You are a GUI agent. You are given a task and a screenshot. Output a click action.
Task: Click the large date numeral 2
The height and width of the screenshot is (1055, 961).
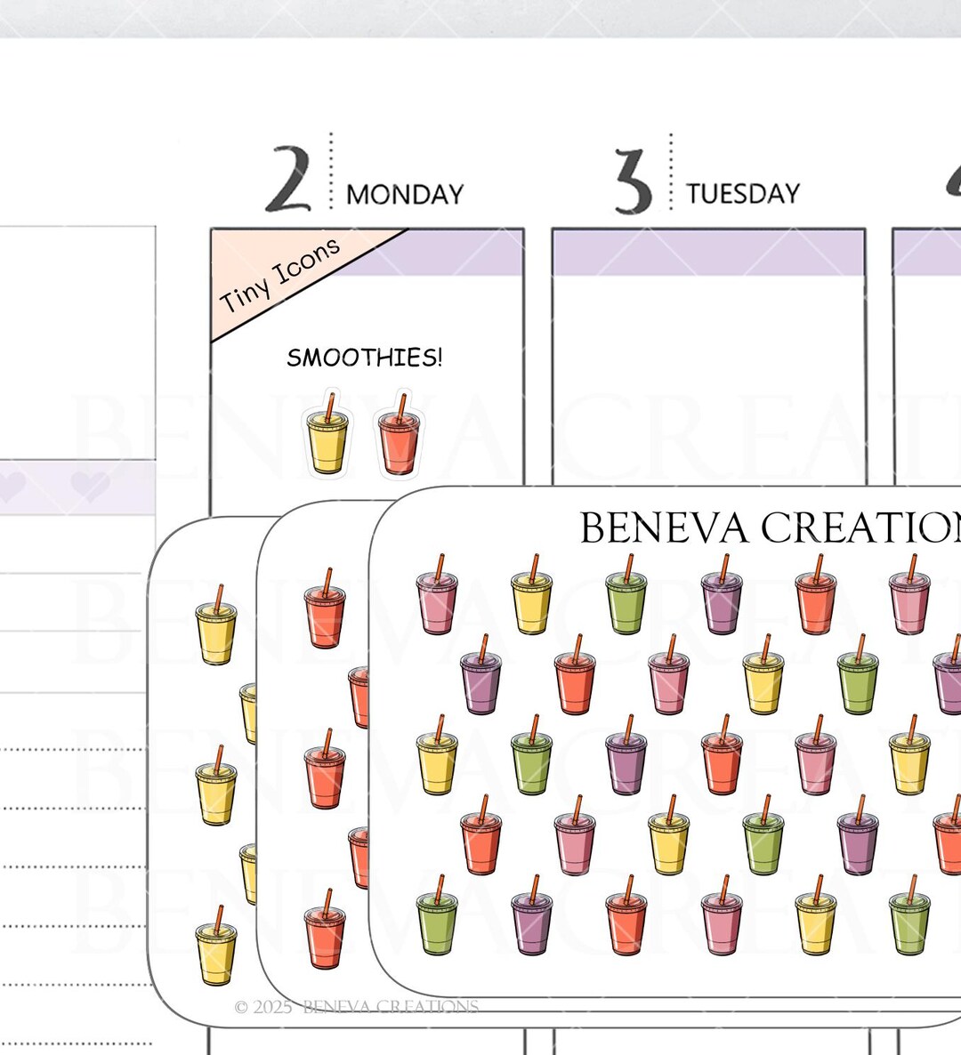pyautogui.click(x=288, y=179)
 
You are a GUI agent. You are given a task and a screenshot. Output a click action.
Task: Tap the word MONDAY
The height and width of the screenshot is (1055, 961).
pyautogui.click(x=405, y=195)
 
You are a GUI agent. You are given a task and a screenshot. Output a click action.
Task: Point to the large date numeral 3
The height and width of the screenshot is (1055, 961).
pyautogui.click(x=634, y=181)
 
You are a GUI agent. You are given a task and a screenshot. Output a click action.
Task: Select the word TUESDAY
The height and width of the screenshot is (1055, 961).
pyautogui.click(x=743, y=194)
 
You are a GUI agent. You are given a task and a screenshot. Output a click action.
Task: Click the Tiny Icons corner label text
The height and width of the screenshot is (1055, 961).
pyautogui.click(x=280, y=275)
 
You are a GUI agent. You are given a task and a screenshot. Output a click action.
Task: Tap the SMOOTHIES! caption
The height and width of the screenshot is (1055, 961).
pyautogui.click(x=365, y=358)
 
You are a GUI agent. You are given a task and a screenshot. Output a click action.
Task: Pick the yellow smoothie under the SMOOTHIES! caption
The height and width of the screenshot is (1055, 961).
pyautogui.click(x=327, y=434)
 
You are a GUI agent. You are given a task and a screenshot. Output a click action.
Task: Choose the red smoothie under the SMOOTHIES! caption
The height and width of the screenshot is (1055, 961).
pyautogui.click(x=399, y=434)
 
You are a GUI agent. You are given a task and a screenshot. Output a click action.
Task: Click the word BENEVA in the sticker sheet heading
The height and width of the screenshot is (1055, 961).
pyautogui.click(x=664, y=527)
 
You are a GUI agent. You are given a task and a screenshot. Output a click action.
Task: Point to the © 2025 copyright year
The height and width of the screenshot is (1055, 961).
pyautogui.click(x=263, y=1007)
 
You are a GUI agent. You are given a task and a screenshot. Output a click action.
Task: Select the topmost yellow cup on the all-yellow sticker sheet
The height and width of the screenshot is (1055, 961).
pyautogui.click(x=216, y=624)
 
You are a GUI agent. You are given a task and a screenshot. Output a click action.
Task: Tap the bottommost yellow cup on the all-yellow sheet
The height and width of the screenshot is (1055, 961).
pyautogui.click(x=216, y=946)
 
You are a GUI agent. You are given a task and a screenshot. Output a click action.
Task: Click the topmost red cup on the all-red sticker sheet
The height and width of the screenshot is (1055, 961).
pyautogui.click(x=325, y=608)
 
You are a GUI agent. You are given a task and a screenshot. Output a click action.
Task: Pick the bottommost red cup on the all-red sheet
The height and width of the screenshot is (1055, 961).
pyautogui.click(x=325, y=929)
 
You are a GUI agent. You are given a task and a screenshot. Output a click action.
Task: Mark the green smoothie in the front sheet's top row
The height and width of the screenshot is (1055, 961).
pyautogui.click(x=626, y=595)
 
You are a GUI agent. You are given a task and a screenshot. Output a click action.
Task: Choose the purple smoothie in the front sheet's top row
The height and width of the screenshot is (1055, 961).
pyautogui.click(x=722, y=595)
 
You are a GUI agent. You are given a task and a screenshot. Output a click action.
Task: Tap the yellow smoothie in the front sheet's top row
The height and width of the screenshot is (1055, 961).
pyautogui.click(x=531, y=595)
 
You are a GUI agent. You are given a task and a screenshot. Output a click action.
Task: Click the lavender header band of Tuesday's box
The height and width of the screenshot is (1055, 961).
pyautogui.click(x=708, y=253)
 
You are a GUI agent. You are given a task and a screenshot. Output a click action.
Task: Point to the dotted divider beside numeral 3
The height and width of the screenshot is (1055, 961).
pyautogui.click(x=671, y=173)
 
